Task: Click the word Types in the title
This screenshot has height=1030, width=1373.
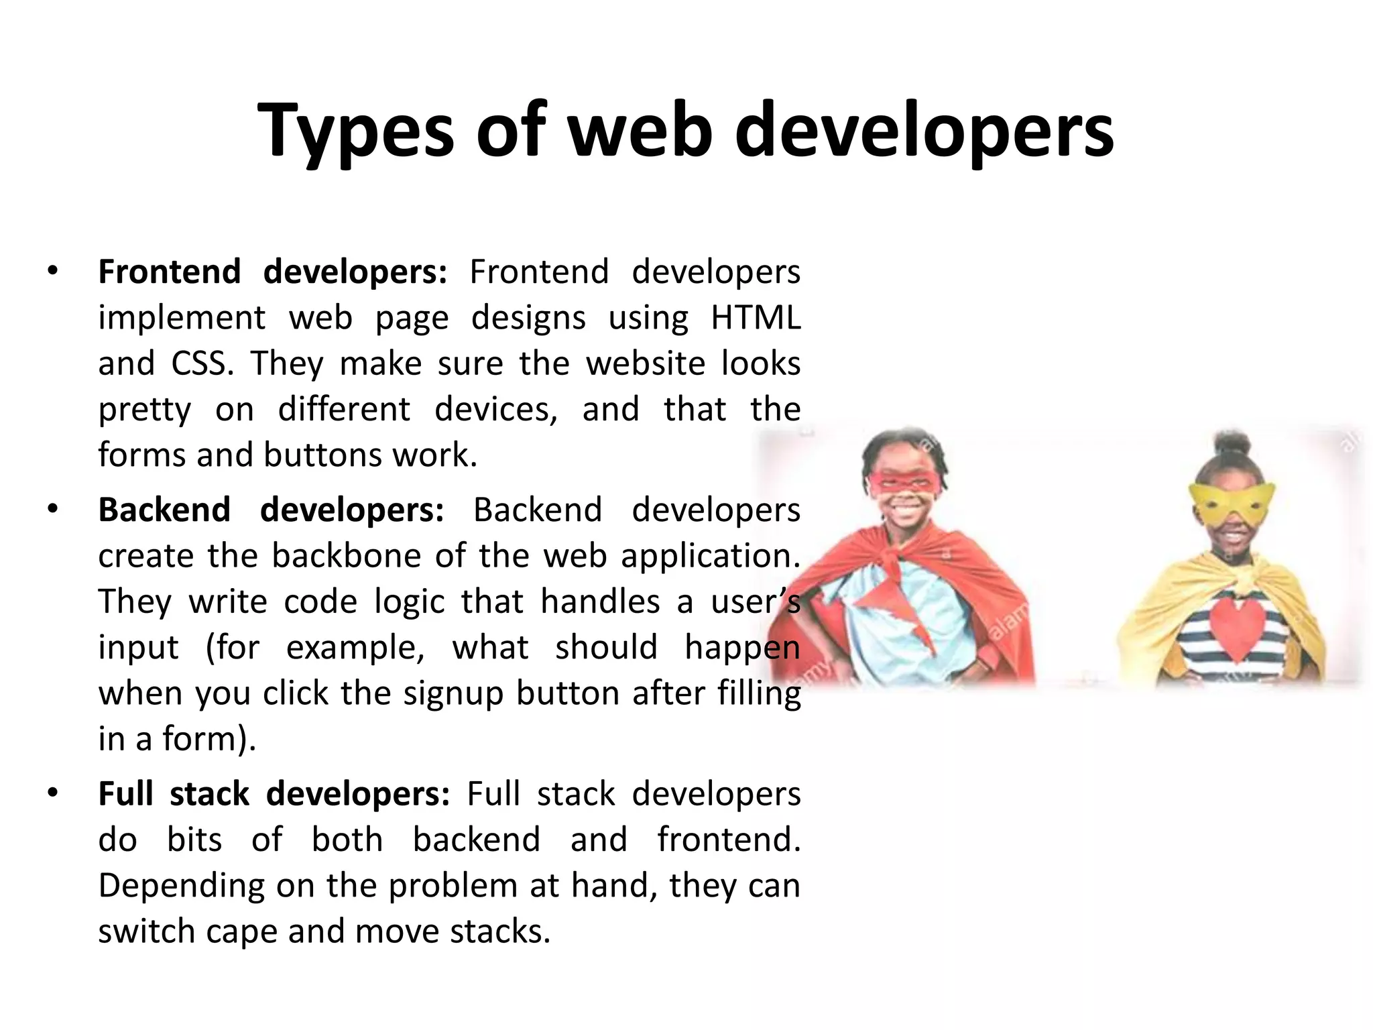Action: [x=356, y=131]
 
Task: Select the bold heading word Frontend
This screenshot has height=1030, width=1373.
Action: [x=170, y=272]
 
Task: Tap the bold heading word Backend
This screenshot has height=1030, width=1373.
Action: [x=165, y=510]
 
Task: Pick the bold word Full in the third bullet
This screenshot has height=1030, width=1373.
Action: [x=126, y=793]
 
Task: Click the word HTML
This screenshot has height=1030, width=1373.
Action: [x=756, y=317]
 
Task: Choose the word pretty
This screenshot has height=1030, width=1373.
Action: [x=145, y=410]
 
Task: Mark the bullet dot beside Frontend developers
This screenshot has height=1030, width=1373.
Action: [x=53, y=272]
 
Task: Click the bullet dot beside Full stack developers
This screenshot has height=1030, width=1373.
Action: [x=53, y=793]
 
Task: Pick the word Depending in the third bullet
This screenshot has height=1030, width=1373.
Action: [x=182, y=886]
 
